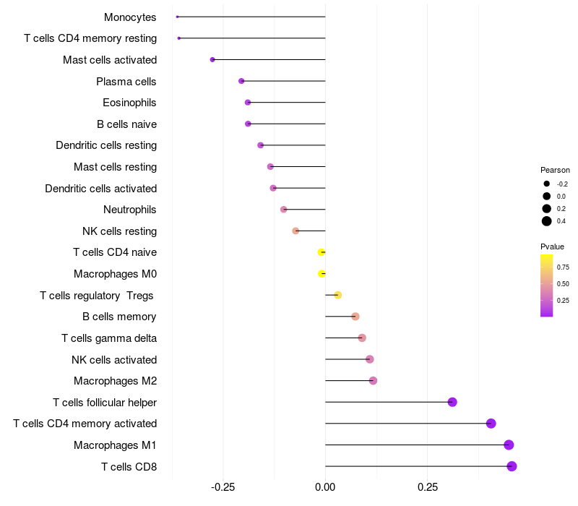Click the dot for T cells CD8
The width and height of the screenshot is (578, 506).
tap(512, 466)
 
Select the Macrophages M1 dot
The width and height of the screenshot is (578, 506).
tap(509, 445)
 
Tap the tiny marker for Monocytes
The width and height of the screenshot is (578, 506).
tap(177, 17)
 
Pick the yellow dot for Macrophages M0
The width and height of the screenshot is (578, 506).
tap(322, 273)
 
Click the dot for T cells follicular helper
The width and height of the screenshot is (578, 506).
tap(452, 402)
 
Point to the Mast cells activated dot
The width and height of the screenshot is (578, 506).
tap(212, 59)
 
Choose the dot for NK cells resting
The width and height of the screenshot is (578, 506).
tap(296, 231)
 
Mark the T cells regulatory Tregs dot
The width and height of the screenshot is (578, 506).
tap(337, 295)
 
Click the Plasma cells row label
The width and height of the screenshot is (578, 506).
tap(126, 81)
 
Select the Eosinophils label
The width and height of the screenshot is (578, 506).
tap(129, 103)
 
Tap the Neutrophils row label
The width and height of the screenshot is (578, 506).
tap(130, 210)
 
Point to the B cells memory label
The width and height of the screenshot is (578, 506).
tap(119, 317)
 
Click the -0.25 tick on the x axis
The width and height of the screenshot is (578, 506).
tap(223, 487)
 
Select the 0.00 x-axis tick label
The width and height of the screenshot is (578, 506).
tap(325, 487)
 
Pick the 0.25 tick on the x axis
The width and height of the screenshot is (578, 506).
tap(427, 487)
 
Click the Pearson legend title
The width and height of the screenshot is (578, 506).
tap(555, 170)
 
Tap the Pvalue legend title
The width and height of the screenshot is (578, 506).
tap(553, 246)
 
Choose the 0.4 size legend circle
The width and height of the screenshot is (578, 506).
tap(547, 221)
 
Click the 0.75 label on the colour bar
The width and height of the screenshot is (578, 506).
tap(563, 267)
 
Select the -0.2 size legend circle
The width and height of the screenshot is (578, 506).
tap(547, 184)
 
